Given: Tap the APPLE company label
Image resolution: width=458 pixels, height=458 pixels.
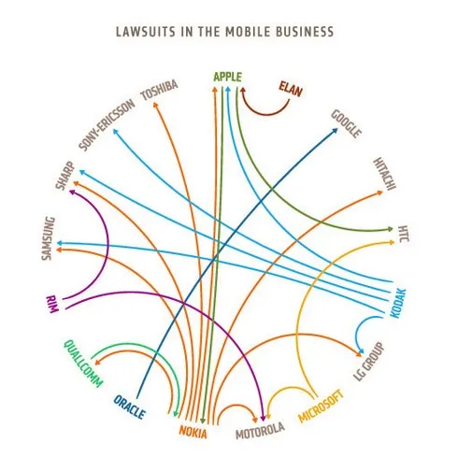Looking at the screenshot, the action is click(x=228, y=77).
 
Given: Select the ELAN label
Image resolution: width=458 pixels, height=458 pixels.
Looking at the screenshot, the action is click(x=290, y=89).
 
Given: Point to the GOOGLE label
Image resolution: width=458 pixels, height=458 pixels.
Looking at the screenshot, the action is click(x=346, y=123).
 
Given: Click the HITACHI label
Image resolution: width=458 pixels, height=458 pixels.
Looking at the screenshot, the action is click(x=385, y=173).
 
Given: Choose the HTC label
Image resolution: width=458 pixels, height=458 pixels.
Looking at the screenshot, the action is click(x=403, y=234).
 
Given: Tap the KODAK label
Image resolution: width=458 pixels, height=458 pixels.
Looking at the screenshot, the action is click(x=398, y=304).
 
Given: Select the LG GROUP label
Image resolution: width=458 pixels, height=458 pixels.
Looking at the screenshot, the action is click(x=369, y=362).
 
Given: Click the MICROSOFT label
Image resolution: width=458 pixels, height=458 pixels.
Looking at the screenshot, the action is click(x=322, y=406).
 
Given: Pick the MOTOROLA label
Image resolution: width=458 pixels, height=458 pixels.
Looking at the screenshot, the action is click(x=260, y=430).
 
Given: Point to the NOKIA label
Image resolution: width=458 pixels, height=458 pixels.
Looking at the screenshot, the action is click(x=193, y=432).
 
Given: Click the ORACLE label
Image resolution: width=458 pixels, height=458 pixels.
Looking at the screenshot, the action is click(x=129, y=407).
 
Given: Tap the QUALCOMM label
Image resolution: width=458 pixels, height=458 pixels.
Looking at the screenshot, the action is click(x=83, y=364).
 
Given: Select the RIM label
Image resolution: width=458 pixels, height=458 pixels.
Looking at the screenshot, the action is click(x=51, y=305).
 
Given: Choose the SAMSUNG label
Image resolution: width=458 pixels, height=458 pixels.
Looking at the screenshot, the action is click(x=49, y=238).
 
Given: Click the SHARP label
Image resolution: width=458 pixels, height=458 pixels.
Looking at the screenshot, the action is click(x=65, y=175).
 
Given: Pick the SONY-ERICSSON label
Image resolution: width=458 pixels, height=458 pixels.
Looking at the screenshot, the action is click(x=107, y=125).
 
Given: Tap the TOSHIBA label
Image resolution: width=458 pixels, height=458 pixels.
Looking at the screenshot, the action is click(x=160, y=91).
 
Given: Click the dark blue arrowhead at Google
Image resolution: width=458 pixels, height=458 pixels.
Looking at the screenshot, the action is click(x=335, y=131).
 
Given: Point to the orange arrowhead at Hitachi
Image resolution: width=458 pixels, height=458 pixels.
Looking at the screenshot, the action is click(x=379, y=193).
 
